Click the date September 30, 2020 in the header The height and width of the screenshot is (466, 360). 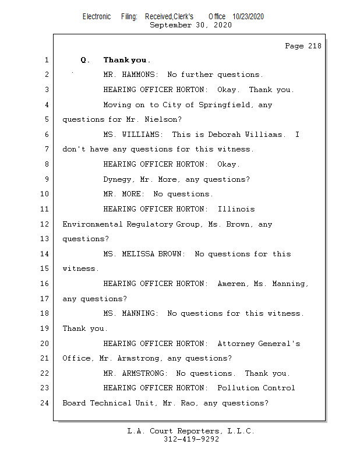(x=190, y=25)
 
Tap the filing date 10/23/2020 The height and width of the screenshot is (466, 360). (x=248, y=17)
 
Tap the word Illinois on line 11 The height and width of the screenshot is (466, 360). (x=236, y=209)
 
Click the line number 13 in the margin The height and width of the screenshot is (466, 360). (x=45, y=239)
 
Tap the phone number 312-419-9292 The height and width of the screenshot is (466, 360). (x=191, y=439)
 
